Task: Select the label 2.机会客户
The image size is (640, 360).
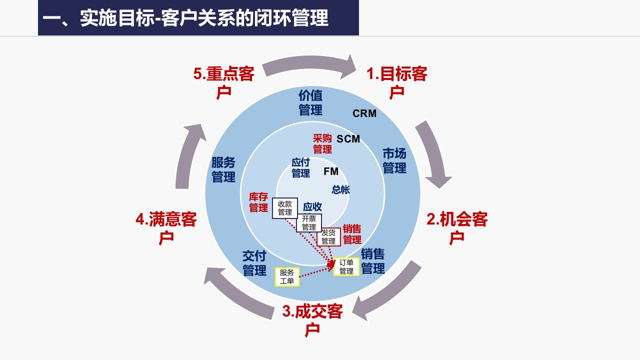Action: click(x=456, y=227)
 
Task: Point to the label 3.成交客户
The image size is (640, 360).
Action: click(x=312, y=320)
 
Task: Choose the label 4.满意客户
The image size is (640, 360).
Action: click(x=166, y=228)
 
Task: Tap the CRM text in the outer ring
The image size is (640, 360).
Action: click(x=364, y=113)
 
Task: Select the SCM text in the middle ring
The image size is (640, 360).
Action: click(x=348, y=139)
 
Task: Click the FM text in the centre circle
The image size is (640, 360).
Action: click(x=331, y=171)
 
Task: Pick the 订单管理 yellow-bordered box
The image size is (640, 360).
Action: click(x=346, y=267)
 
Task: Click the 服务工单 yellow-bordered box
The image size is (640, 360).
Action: click(x=287, y=277)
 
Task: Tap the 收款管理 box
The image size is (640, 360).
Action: click(x=285, y=208)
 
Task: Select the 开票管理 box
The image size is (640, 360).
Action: click(x=309, y=223)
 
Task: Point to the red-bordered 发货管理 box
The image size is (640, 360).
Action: click(x=328, y=237)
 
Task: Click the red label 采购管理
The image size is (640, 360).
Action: click(x=322, y=144)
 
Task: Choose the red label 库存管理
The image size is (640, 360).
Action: click(x=258, y=202)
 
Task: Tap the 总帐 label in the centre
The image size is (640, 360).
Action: click(x=340, y=190)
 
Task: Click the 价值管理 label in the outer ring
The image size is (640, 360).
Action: click(x=310, y=102)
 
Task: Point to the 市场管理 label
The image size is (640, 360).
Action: click(x=394, y=161)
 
